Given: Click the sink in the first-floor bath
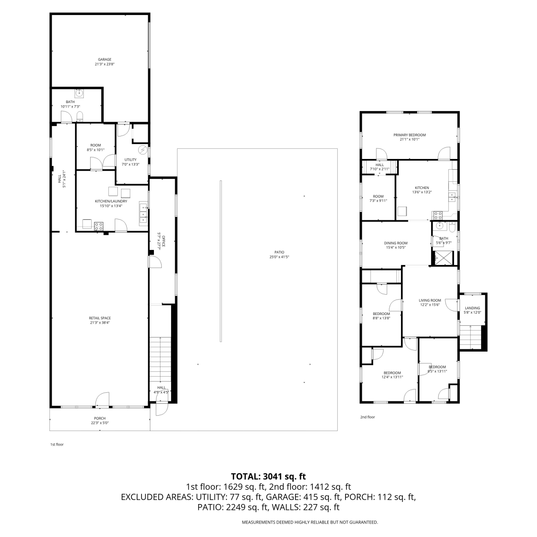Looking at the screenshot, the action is (79, 93).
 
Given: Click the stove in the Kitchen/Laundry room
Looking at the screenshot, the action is (99, 226).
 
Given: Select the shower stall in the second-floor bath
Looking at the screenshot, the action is (444, 258).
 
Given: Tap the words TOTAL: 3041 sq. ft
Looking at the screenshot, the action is (268, 476).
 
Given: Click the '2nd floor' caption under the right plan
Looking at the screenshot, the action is (367, 417).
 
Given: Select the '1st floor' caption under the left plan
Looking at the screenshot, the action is (57, 444).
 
